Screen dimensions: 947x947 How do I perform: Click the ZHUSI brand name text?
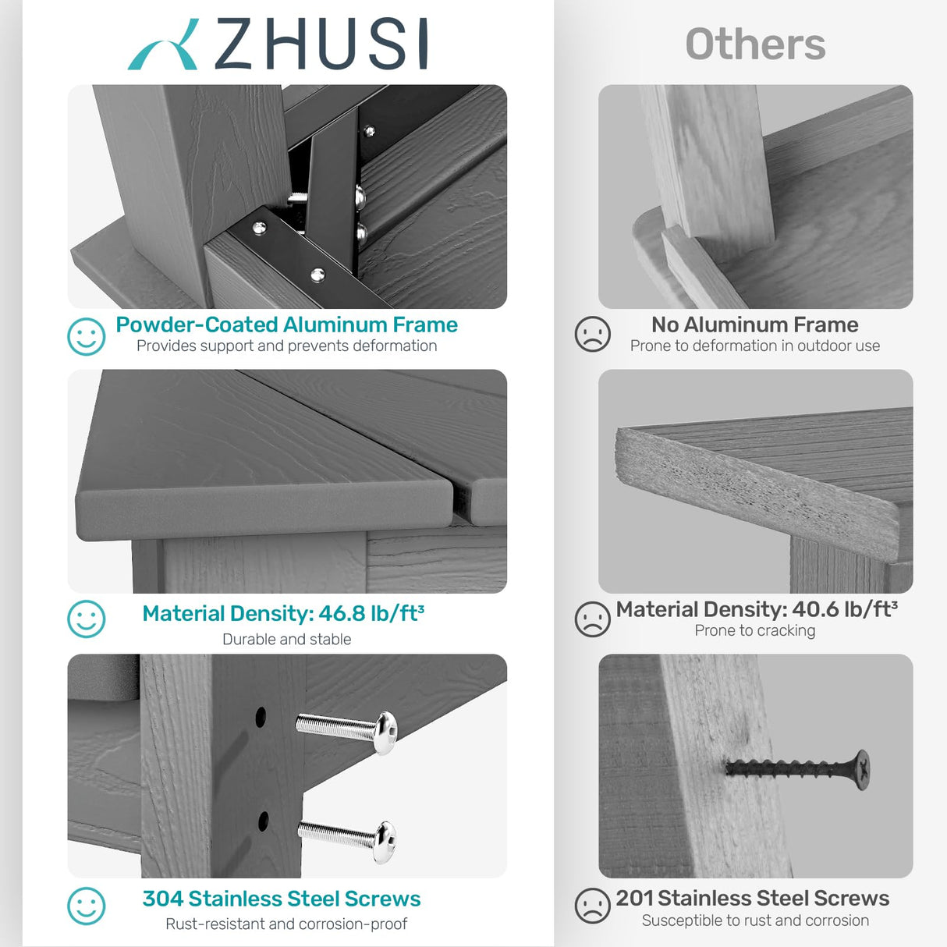click(x=321, y=44)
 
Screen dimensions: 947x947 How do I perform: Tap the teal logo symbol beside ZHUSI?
click(x=163, y=47)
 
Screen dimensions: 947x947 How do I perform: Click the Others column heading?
click(x=755, y=44)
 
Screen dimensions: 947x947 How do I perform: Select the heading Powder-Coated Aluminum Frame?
click(x=286, y=325)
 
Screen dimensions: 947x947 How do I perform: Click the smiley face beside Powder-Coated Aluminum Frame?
click(x=86, y=336)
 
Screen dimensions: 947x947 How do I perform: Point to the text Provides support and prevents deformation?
click(x=286, y=346)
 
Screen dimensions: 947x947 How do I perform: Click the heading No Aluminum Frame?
click(x=754, y=325)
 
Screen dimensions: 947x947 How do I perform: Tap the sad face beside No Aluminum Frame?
click(x=592, y=334)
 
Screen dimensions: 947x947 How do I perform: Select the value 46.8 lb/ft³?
click(x=371, y=614)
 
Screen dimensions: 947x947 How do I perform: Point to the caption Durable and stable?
click(x=286, y=640)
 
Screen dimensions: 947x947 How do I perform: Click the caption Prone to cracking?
click(x=754, y=631)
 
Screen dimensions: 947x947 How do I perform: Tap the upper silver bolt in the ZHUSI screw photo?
click(x=348, y=731)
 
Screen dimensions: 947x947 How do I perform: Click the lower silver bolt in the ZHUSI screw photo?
click(x=348, y=839)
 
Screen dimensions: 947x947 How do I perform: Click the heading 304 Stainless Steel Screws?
click(x=281, y=899)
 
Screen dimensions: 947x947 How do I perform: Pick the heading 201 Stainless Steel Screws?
click(x=752, y=899)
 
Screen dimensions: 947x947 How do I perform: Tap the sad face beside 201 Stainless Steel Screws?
click(x=592, y=906)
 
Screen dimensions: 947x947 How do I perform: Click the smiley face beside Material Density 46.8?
click(x=86, y=619)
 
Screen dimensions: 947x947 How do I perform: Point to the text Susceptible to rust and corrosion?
click(x=754, y=921)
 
